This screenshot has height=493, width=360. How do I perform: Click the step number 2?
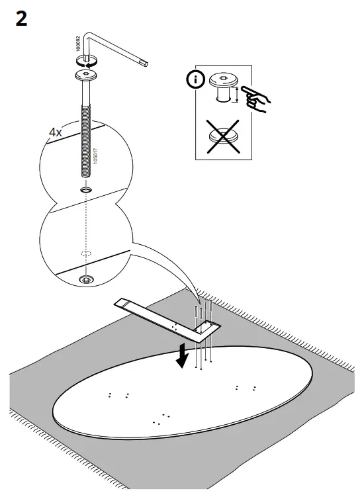22,19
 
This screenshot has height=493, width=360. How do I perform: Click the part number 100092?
78,45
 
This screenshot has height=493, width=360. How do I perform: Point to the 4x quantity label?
56,132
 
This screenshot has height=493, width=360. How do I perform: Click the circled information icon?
193,80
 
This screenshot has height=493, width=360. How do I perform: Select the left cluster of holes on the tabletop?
118,395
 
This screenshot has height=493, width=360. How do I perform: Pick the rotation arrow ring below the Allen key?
85,60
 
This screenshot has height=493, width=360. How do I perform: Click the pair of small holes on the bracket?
173,326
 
